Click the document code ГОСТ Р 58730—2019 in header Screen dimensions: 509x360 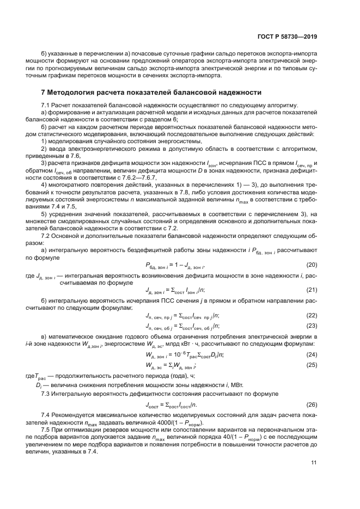pos(288,37)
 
